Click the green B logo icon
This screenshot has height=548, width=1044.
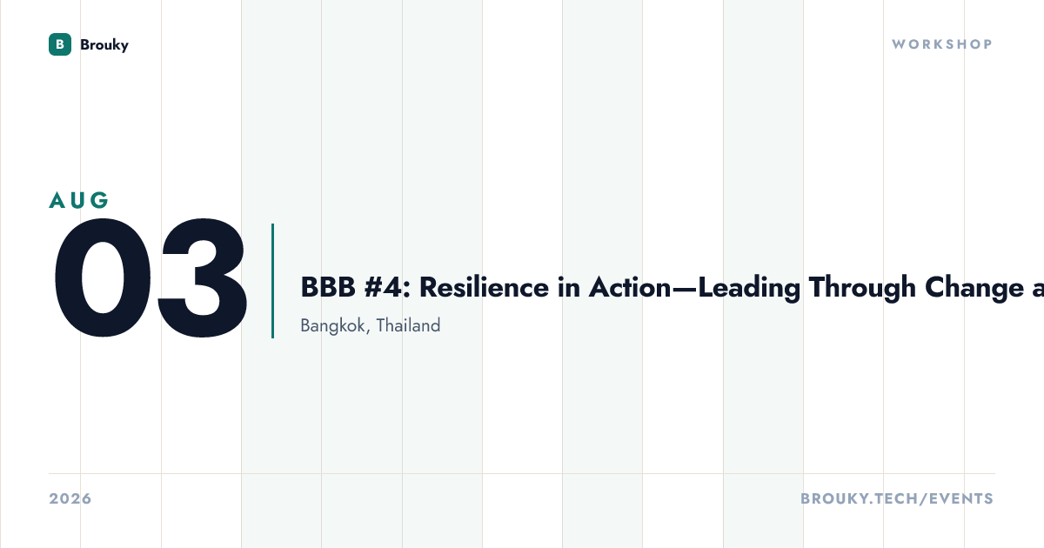tap(60, 44)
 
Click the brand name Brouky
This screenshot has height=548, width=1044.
tap(104, 44)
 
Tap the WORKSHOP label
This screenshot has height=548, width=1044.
tap(942, 44)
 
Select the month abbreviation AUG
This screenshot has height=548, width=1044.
tap(79, 200)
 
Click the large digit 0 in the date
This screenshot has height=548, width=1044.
tap(103, 277)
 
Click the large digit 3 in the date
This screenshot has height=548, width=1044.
tap(202, 277)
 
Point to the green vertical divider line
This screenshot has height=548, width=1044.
tap(272, 280)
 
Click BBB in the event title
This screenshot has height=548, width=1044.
tap(328, 287)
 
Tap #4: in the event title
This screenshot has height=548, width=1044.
tap(387, 287)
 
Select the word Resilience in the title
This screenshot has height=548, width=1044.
tap(484, 287)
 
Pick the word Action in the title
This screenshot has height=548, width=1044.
tap(630, 287)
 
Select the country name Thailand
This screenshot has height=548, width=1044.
tap(408, 325)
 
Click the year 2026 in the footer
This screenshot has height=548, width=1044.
tap(70, 498)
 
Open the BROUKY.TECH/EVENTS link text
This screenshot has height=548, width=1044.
tap(897, 498)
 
